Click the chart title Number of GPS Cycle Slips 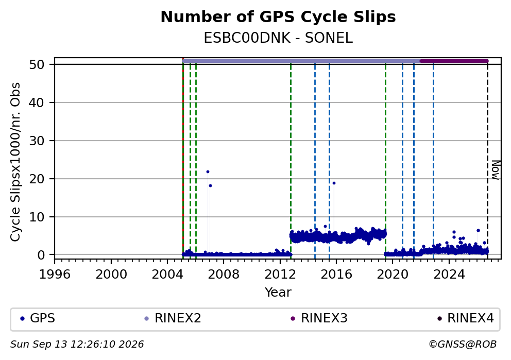[278, 17]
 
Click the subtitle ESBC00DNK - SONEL [278, 38]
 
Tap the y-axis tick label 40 [37, 102]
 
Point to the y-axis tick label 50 [37, 64]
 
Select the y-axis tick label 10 [37, 217]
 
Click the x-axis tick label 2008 [224, 275]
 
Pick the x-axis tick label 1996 [55, 275]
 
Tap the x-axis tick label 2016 [336, 275]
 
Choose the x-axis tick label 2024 [449, 275]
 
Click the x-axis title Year [278, 292]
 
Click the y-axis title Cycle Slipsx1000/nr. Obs [15, 162]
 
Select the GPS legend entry [38, 318]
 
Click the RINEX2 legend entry [173, 318]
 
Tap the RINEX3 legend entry [319, 318]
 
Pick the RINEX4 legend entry [466, 318]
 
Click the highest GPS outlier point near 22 [208, 172]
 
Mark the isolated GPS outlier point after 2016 [334, 183]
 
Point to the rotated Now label [496, 170]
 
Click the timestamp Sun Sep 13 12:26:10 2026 [77, 345]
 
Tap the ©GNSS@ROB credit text [463, 345]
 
